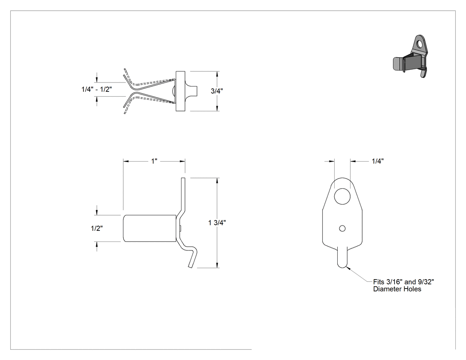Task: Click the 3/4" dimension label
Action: pos(217,91)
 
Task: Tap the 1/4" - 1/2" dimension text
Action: pos(97,89)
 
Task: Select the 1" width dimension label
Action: pos(154,161)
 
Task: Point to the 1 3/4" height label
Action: pos(217,223)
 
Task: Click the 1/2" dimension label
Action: pos(97,228)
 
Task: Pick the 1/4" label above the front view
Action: pos(378,161)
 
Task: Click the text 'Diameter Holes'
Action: pos(397,289)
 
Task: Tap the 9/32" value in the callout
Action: pos(426,282)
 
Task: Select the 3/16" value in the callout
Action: pos(395,282)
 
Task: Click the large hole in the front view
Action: pos(342,196)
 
